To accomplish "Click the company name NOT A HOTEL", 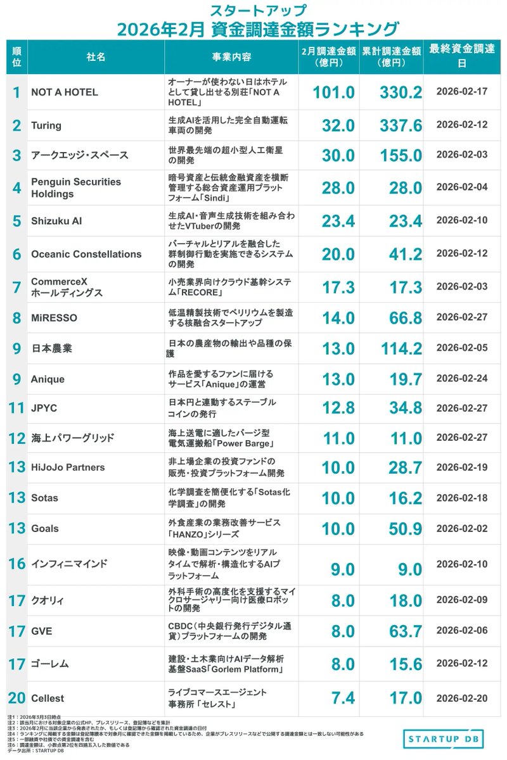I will tap(65, 92).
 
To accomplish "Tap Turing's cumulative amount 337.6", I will tap(401, 125).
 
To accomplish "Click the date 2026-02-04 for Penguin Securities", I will tap(462, 187).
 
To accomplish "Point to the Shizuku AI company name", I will tap(56, 221).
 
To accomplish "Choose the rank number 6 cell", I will tap(17, 254).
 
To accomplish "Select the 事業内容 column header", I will tap(231, 56).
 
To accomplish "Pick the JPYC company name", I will tap(44, 408).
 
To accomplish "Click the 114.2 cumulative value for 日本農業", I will tap(401, 348).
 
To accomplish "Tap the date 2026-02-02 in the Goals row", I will tap(462, 528).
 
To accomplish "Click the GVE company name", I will tap(41, 631).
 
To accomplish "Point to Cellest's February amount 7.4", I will tap(342, 698).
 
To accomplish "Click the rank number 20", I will tap(17, 698).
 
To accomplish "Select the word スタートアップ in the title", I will tap(253, 11).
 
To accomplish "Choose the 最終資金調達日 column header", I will tap(461, 56).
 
